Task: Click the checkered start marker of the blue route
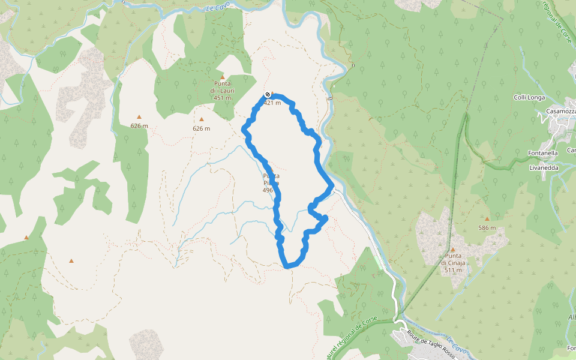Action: pos(268,95)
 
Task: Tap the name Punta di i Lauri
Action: pos(222,87)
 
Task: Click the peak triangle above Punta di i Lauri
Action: pos(222,77)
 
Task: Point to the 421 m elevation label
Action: pos(272,103)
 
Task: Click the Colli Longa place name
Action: pos(529,97)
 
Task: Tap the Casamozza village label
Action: pos(561,112)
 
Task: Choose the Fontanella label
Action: pos(544,153)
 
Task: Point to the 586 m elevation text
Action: pos(487,227)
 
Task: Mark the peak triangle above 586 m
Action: pos(487,219)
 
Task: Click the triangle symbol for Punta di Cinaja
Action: pos(453,249)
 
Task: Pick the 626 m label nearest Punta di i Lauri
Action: pos(202,128)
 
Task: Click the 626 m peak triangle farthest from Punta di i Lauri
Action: pos(139,117)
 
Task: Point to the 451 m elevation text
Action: pos(222,98)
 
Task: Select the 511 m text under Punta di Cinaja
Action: pos(453,270)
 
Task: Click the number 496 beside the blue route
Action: pos(268,190)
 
